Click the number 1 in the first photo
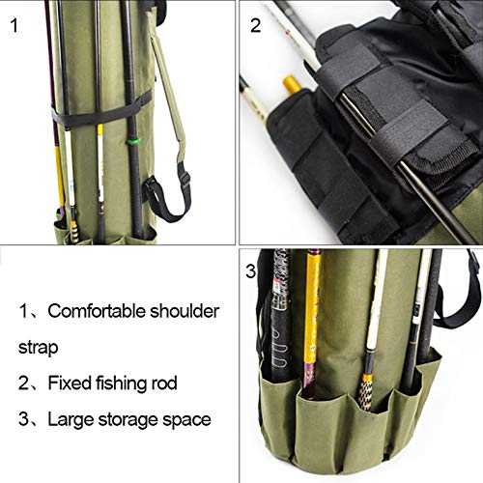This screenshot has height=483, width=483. coord(14,24)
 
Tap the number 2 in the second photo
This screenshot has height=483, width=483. coord(256,24)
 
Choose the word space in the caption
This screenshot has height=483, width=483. coord(189,420)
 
